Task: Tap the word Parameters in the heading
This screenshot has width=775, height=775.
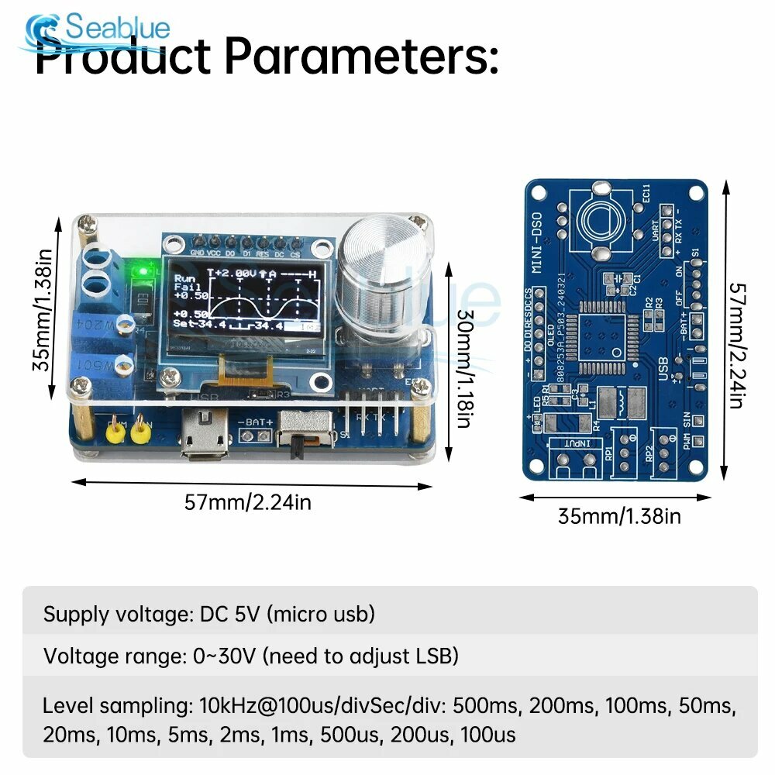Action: (360, 56)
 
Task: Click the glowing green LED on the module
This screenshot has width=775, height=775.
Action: (143, 271)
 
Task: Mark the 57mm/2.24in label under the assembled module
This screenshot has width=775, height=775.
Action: (248, 502)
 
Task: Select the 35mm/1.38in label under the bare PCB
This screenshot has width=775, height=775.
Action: (619, 515)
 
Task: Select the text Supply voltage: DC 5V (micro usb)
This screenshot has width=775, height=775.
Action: (209, 615)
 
